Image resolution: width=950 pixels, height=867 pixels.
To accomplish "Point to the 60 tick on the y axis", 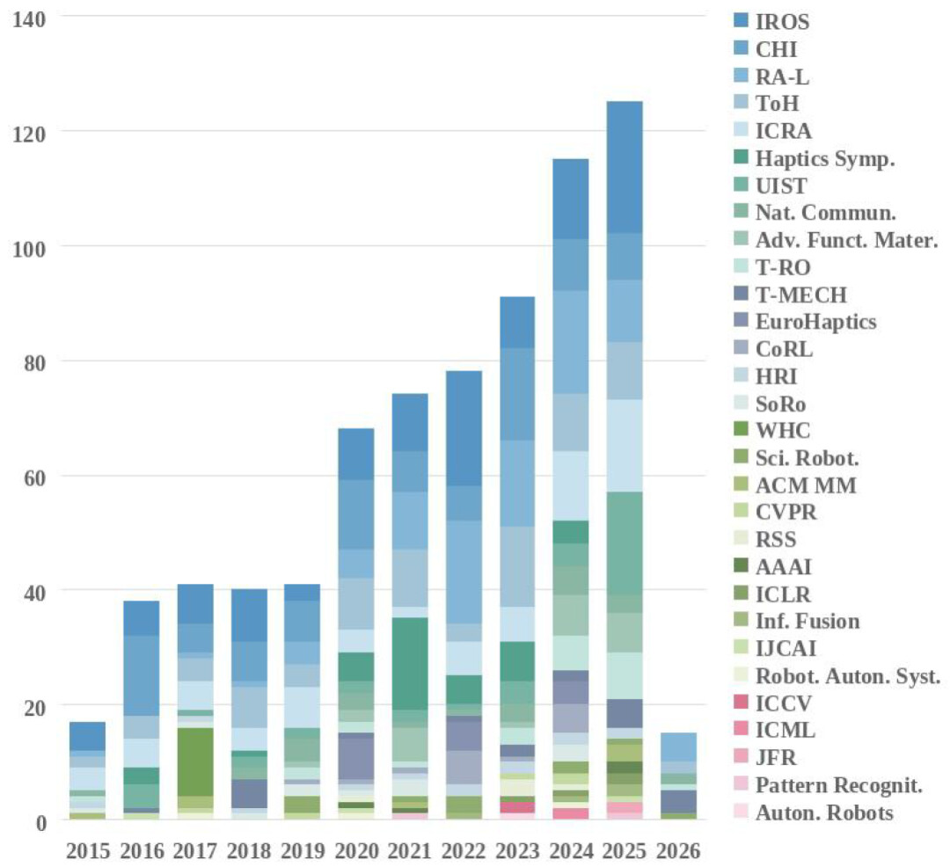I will [37, 476].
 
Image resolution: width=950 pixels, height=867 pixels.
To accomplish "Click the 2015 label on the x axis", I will [88, 850].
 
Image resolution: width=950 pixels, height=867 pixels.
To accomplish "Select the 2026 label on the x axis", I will [677, 850].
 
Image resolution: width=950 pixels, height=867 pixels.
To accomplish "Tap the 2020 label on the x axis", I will [355, 850].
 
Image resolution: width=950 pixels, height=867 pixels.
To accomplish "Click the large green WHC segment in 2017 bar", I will [194, 761].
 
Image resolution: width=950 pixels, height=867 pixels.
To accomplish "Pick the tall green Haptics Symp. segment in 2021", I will [409, 663].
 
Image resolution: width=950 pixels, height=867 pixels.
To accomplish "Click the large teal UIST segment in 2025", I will [624, 543].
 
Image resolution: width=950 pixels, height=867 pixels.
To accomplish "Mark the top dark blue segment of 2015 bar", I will [88, 736].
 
